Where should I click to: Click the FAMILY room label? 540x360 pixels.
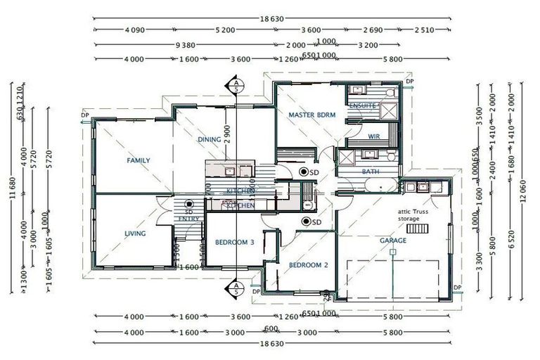pos(139,160)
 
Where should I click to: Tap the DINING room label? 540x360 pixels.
pos(209,139)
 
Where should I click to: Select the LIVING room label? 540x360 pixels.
pos(135,234)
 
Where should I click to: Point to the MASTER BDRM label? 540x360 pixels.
pos(312,114)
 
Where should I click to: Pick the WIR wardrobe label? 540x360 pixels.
pos(374,136)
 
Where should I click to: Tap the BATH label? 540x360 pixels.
pos(371,172)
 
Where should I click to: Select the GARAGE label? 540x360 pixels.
pos(394,240)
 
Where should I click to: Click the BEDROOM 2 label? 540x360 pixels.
pos(309,265)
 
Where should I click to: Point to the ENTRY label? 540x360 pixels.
pos(188,219)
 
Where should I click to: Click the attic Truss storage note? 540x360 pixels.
pos(409,215)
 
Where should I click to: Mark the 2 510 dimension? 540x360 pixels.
pos(424,30)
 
